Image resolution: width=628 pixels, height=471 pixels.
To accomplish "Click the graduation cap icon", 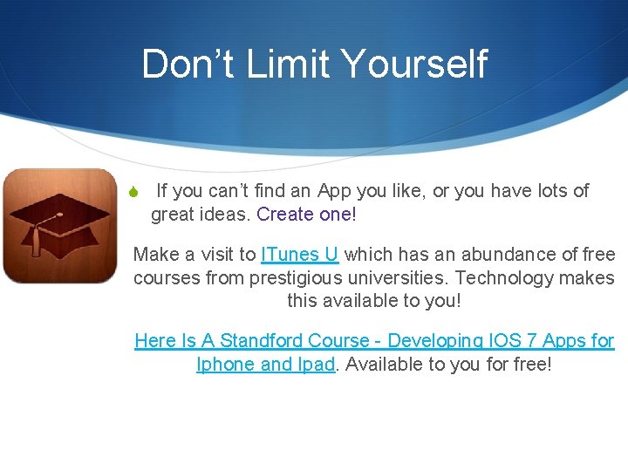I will [x=59, y=225].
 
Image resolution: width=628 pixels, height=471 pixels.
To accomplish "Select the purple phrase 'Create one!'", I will [x=307, y=214].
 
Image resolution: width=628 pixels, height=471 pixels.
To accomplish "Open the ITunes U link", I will [x=299, y=255].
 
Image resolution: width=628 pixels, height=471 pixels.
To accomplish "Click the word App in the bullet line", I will [x=334, y=191].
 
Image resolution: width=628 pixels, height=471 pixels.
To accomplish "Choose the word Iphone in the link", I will [x=226, y=365].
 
